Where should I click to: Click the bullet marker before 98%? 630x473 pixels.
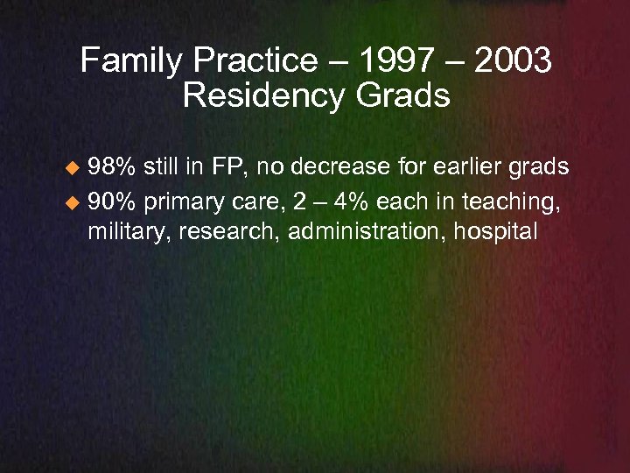click(75, 167)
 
